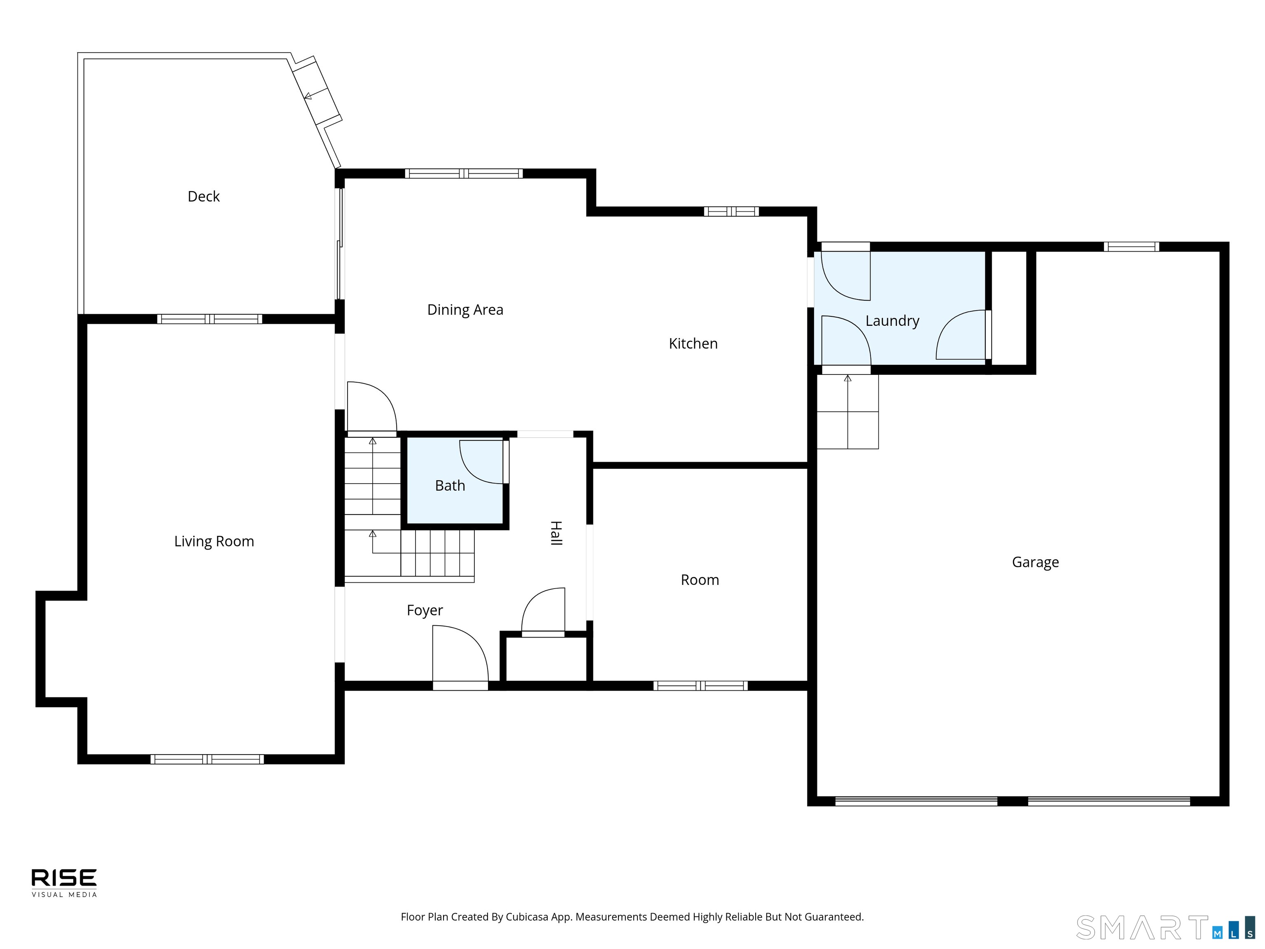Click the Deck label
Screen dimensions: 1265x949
[203, 196]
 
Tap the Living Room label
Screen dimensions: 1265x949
[214, 541]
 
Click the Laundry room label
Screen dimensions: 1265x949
[892, 321]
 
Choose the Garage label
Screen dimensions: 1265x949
[1035, 562]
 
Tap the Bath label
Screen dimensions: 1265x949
[450, 486]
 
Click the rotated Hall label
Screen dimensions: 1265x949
[556, 533]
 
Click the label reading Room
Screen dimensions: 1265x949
[699, 580]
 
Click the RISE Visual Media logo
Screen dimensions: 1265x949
[64, 883]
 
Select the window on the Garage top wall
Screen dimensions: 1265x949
[1131, 247]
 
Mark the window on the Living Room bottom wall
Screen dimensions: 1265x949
[207, 759]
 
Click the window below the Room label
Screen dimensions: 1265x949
[700, 685]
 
